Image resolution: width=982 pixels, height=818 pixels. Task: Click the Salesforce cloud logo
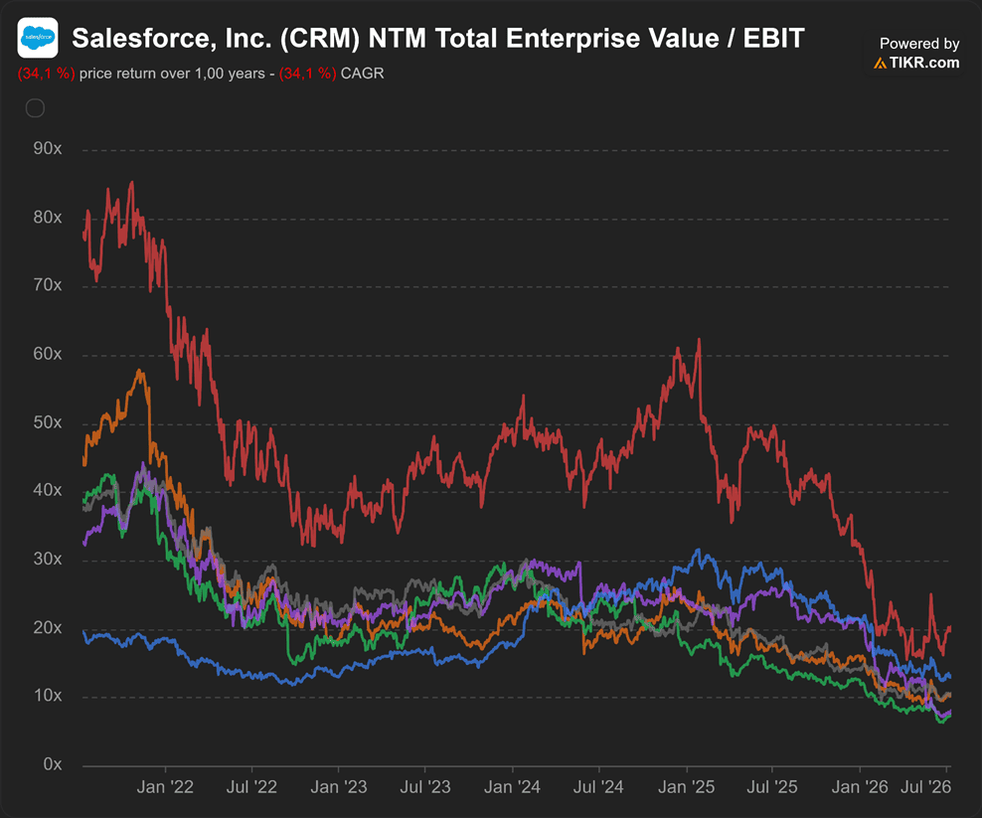pos(38,38)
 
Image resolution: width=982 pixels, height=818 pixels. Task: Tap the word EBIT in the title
pos(773,38)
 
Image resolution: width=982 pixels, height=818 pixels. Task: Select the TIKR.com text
pos(923,63)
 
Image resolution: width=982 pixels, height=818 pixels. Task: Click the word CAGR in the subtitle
pos(362,74)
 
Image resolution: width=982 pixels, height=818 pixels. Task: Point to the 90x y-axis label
pos(48,148)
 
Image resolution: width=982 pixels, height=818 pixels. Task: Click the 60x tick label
pos(48,354)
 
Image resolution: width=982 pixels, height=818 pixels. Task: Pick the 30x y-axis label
pos(48,559)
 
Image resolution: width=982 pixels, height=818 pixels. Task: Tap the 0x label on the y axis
pos(53,764)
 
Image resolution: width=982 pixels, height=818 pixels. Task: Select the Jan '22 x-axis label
pos(165,786)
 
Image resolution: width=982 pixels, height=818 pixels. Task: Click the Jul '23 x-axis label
pos(425,786)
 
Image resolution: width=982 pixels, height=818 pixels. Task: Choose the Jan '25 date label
pos(687,786)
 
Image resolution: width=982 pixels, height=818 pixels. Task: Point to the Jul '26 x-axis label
pos(925,786)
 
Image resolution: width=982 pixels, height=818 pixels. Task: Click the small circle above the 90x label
pos(35,108)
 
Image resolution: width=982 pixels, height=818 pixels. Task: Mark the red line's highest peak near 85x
pos(131,182)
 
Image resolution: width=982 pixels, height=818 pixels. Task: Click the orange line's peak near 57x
pos(140,371)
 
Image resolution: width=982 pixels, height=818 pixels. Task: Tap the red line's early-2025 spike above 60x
pos(699,340)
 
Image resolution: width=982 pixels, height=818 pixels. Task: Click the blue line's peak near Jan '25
pos(699,550)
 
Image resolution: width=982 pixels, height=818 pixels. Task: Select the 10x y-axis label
pos(48,695)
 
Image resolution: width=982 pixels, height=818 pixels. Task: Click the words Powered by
pos(919,43)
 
